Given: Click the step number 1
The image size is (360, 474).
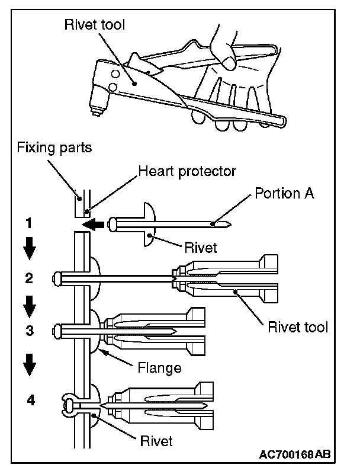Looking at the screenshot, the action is coord(28,223).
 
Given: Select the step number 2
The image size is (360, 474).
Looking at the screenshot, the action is coord(29,278).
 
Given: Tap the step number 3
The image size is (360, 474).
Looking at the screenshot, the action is coord(30,330).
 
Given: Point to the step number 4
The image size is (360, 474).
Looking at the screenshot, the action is coord(31,400).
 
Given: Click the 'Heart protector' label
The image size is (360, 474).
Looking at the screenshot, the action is coord(187,171).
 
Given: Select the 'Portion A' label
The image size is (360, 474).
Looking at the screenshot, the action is coord(284,193).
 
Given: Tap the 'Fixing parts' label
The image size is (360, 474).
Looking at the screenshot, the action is coord(54,148).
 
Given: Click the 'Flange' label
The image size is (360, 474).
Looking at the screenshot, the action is coord(159,367).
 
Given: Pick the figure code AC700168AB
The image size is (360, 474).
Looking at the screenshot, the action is coord(295,454).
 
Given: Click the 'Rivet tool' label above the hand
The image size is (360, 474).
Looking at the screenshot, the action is coord(95,24).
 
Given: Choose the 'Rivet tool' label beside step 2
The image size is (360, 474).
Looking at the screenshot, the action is coord(298,327).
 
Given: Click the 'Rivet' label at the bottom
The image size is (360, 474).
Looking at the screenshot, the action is coord(156,441).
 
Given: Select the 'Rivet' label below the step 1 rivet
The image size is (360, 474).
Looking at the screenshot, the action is coord(201,248).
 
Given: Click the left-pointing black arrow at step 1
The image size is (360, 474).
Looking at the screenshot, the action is coord(93,225).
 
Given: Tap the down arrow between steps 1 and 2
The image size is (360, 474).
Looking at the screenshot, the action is coord(29,248).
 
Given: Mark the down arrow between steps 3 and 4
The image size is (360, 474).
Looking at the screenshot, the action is coord(30,364).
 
